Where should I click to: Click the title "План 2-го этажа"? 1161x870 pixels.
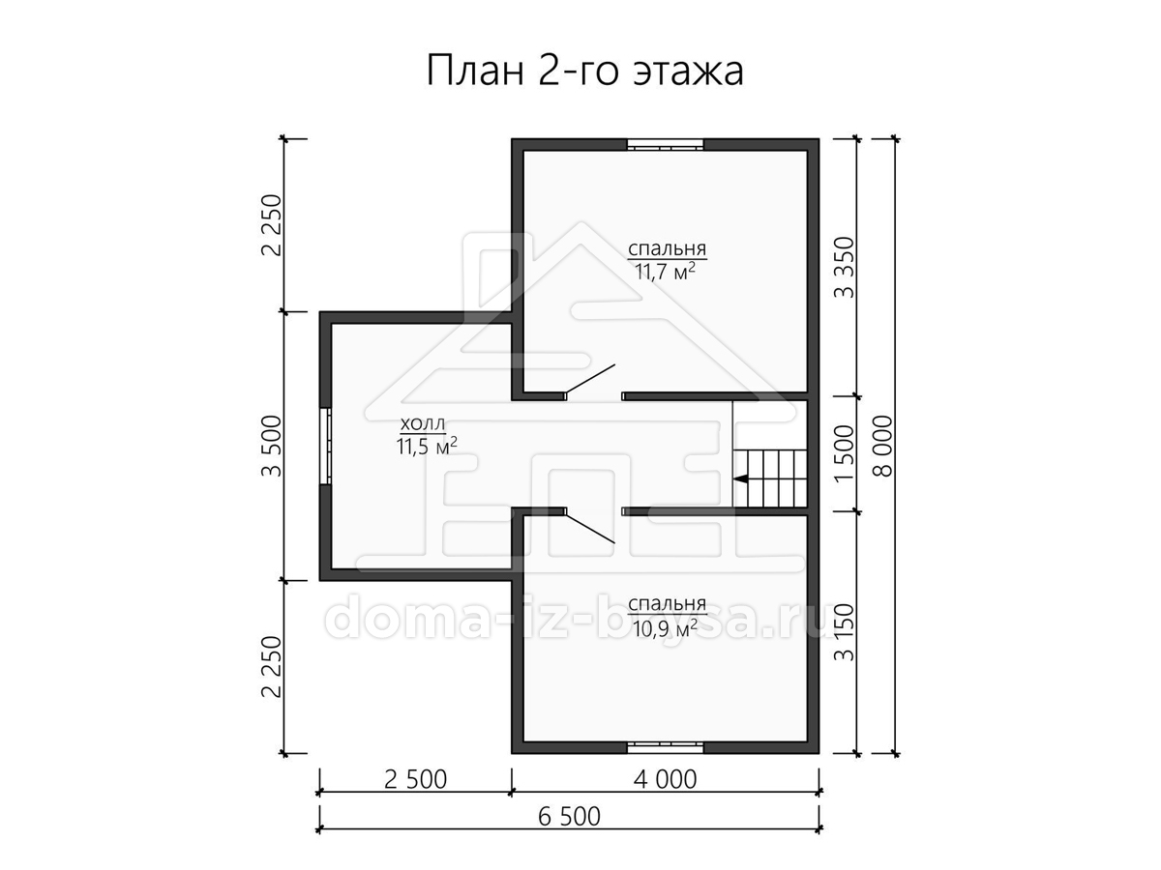coord(584,71)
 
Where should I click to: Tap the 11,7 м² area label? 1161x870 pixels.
coord(664,272)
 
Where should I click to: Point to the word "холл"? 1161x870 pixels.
coord(423,423)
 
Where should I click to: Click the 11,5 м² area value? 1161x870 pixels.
coord(427,447)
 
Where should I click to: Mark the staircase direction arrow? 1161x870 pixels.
coord(740,478)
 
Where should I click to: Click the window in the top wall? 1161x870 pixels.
coord(666,145)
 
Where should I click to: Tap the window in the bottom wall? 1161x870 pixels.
coord(666,747)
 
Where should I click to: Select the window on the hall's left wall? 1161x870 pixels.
coord(326,446)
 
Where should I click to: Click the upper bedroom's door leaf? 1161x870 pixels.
coord(590,379)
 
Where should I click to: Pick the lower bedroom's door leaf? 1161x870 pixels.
coord(590,527)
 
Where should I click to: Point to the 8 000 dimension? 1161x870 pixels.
coord(883,447)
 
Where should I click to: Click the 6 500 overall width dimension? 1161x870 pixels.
coord(569,816)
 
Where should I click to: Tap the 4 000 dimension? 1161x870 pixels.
coord(665,779)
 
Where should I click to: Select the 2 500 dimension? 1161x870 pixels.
coord(415,779)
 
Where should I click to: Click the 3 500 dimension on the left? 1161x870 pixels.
coord(272,446)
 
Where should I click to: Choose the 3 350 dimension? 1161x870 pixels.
coord(845,268)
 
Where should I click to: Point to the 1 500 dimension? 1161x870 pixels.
coord(845,453)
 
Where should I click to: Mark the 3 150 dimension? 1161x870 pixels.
coord(845,632)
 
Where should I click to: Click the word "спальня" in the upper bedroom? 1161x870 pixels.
coord(667,248)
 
